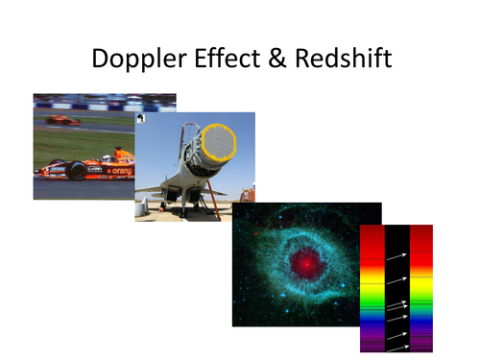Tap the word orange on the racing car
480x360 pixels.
pyautogui.click(x=121, y=171)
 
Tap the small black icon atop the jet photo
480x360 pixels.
pyautogui.click(x=140, y=118)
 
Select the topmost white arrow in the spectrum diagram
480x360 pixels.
pyautogui.click(x=396, y=256)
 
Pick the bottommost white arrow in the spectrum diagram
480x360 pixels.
pyautogui.click(x=396, y=343)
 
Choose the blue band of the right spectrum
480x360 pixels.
pyautogui.click(x=421, y=322)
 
